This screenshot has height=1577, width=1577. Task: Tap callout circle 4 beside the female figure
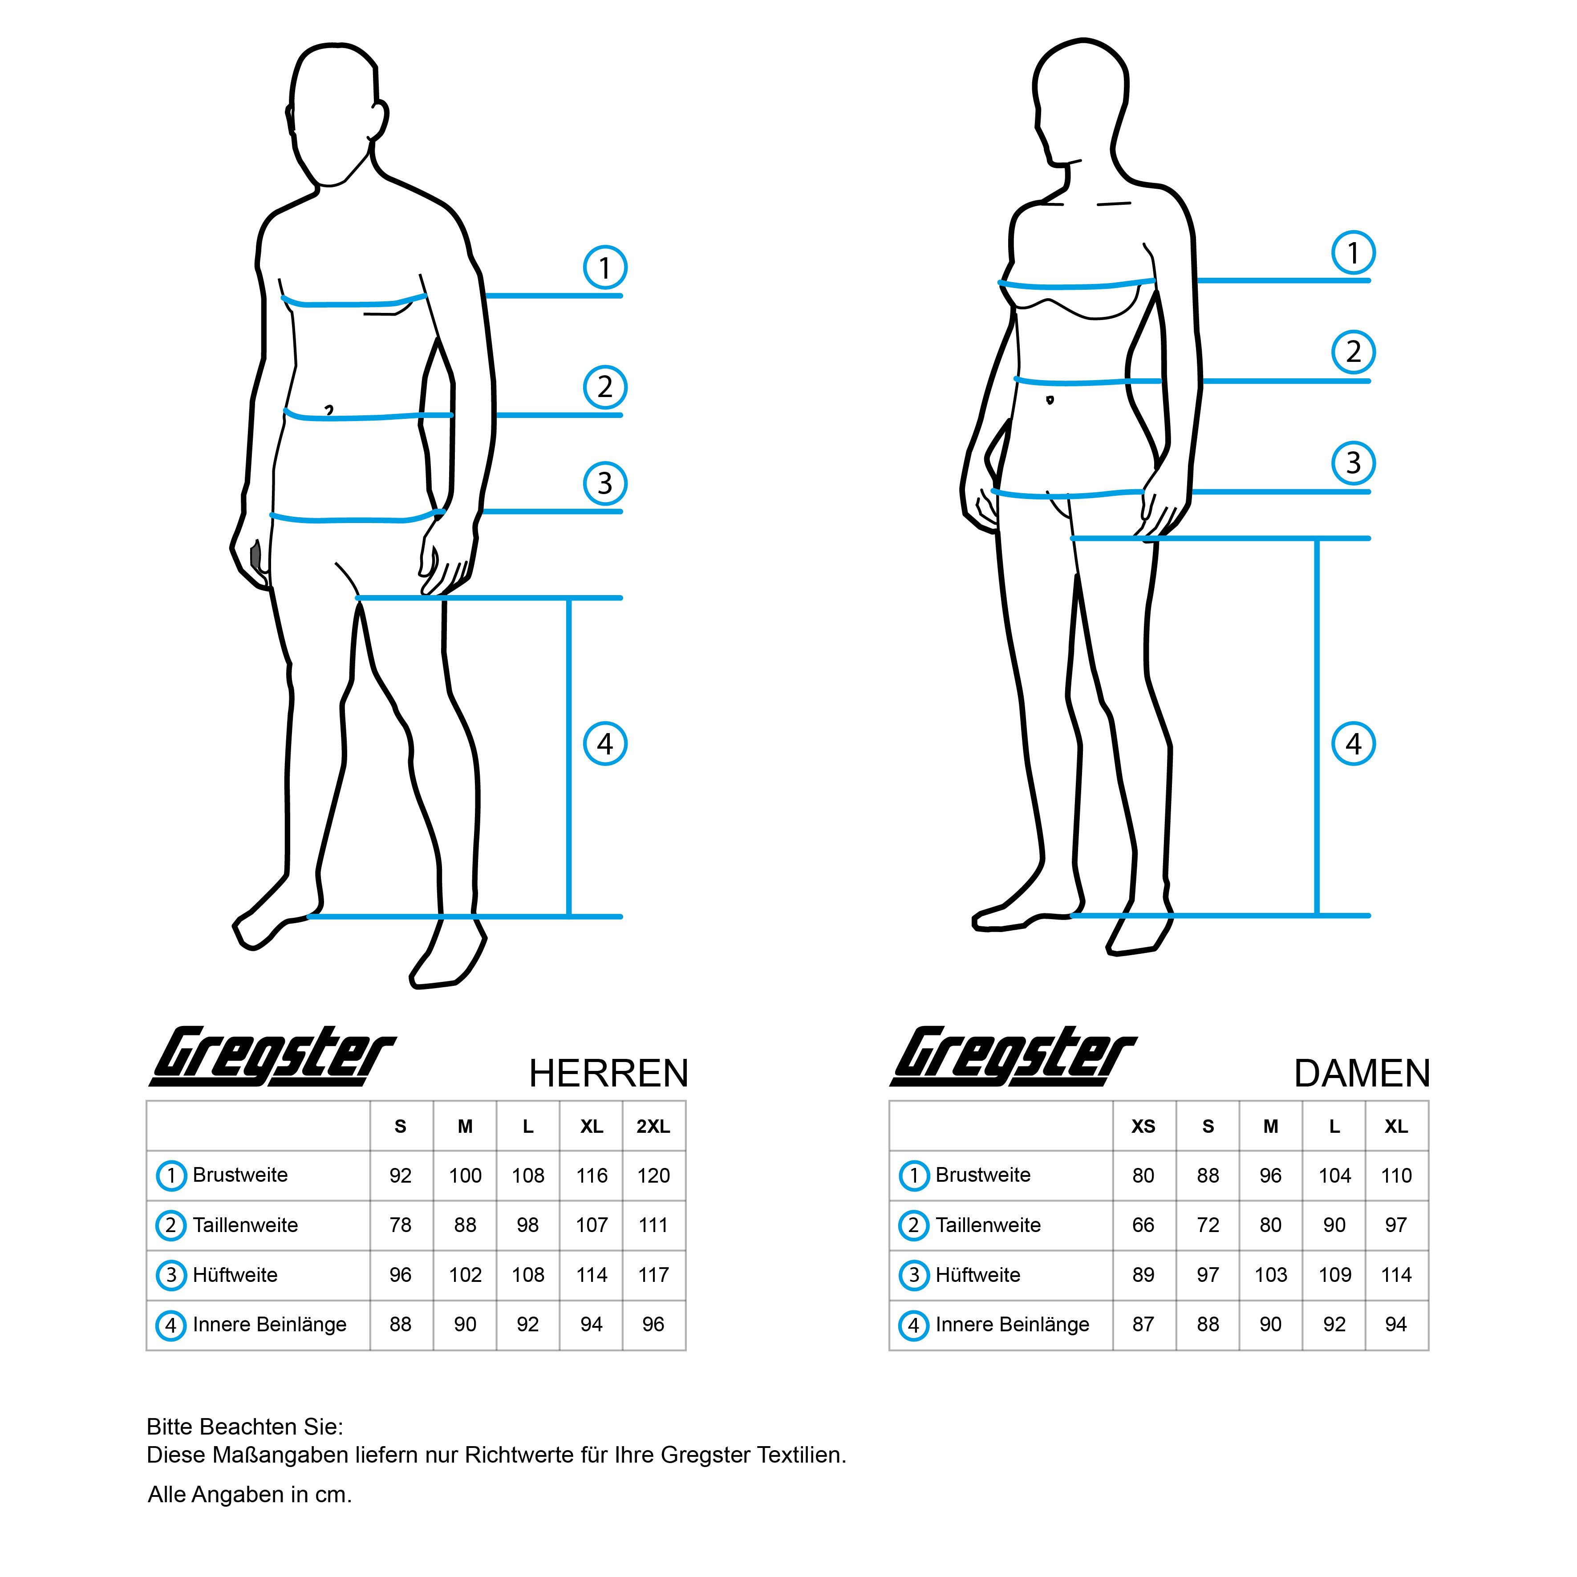pyautogui.click(x=1354, y=744)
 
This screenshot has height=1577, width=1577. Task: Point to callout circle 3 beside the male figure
pyautogui.click(x=605, y=483)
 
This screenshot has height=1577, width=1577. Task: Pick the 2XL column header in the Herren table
pyautogui.click(x=653, y=1127)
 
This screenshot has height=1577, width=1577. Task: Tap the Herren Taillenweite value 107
pyautogui.click(x=592, y=1225)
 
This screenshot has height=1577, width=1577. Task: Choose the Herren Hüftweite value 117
pyautogui.click(x=653, y=1275)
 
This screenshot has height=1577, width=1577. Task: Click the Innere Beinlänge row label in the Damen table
pyautogui.click(x=1012, y=1325)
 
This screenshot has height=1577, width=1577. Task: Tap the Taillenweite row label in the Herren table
pyautogui.click(x=245, y=1225)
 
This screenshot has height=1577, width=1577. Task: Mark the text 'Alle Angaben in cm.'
pyautogui.click(x=250, y=1495)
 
